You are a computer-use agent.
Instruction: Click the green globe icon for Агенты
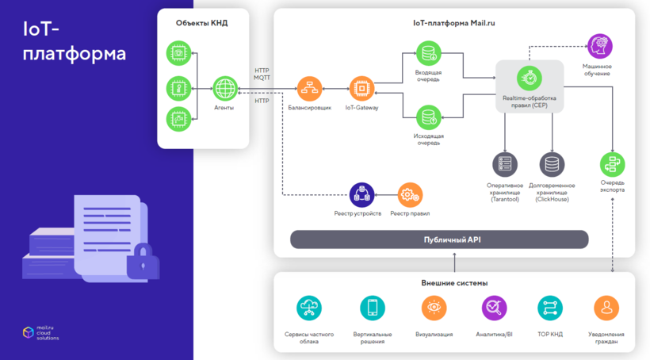(x=225, y=87)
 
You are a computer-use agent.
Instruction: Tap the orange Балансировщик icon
(x=309, y=87)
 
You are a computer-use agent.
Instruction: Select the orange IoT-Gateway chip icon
(x=361, y=87)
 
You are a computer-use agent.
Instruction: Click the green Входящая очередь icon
(x=428, y=53)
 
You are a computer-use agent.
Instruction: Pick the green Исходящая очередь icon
(x=428, y=117)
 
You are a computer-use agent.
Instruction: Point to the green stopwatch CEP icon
(x=529, y=77)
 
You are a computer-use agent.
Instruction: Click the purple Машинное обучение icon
(x=598, y=45)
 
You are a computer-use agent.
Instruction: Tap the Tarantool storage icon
(x=504, y=164)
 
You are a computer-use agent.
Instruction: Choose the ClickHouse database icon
(x=552, y=164)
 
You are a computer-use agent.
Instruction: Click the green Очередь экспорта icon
(x=612, y=163)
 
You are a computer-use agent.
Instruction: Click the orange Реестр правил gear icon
(x=410, y=193)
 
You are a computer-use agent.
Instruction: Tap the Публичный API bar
(x=439, y=239)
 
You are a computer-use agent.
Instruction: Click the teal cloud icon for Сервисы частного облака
(x=308, y=308)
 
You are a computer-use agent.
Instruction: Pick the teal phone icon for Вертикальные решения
(x=371, y=308)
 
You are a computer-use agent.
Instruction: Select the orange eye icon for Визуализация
(x=434, y=308)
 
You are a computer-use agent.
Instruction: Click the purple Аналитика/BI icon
(x=494, y=308)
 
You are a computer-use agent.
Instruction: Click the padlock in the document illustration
(x=143, y=262)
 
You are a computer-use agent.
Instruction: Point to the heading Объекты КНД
(x=201, y=23)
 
